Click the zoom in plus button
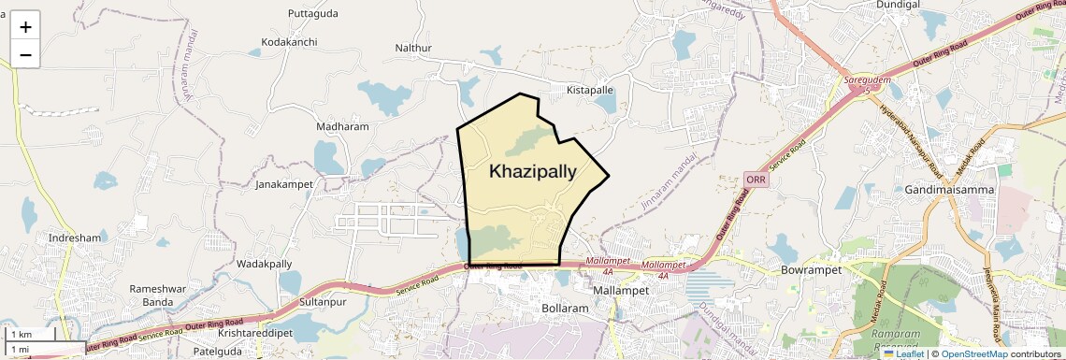[25, 27]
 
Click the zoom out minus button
[25, 55]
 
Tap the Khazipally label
[533, 171]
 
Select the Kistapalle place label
[590, 91]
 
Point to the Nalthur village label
[414, 48]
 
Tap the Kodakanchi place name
[289, 43]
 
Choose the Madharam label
[342, 126]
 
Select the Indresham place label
[74, 238]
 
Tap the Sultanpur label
[324, 304]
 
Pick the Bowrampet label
[811, 270]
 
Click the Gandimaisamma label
[949, 190]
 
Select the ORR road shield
[756, 179]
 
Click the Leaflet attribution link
[903, 353]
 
